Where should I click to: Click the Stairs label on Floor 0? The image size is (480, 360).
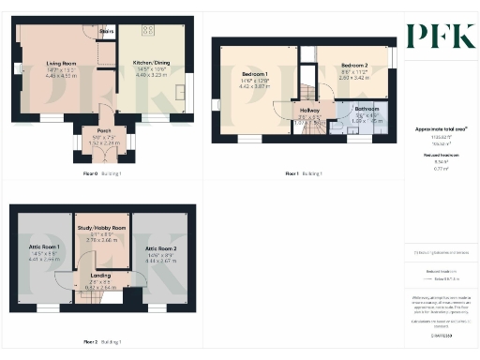coord(106,31)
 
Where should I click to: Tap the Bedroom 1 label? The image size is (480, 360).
coord(254,73)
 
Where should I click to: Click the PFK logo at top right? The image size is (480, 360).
coord(440,35)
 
